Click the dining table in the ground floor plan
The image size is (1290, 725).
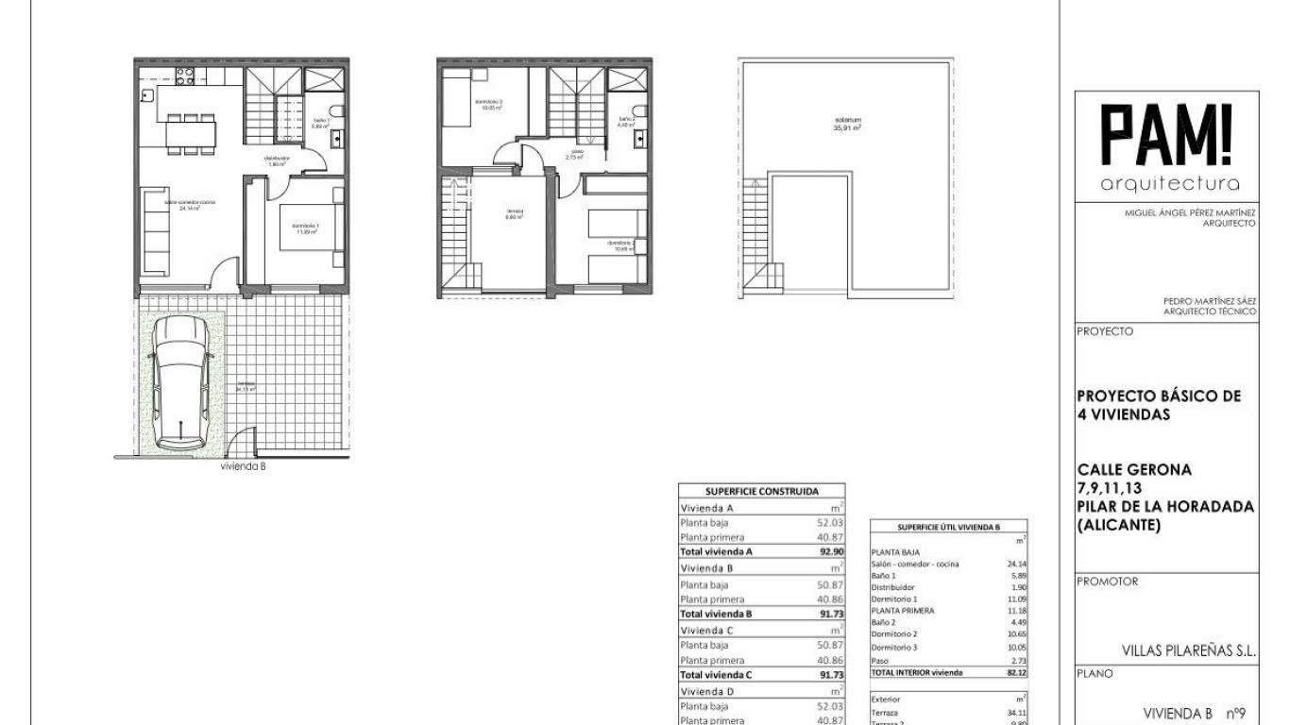190,133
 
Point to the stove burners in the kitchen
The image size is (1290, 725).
184,75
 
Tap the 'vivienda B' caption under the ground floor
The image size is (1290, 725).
244,466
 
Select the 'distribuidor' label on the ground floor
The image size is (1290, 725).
277,159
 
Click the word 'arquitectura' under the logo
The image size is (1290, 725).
1170,183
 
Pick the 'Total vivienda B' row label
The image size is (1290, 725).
716,614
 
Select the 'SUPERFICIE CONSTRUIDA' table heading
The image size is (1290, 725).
762,491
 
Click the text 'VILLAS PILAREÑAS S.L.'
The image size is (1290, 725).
1188,650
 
